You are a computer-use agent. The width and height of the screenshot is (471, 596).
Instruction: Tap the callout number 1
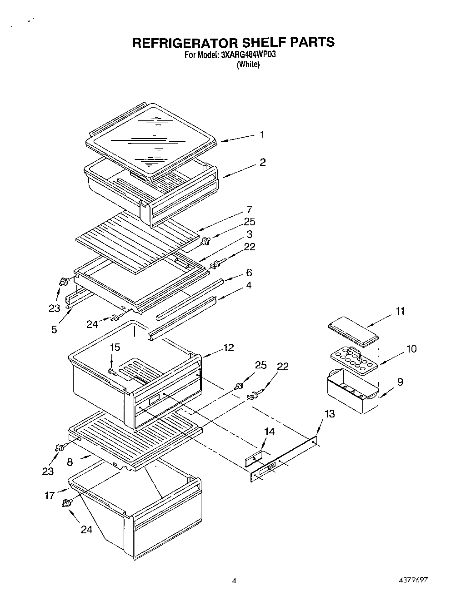click(262, 134)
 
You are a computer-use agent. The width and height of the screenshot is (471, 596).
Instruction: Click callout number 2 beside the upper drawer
click(263, 162)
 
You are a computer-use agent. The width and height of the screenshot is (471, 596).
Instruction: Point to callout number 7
click(249, 209)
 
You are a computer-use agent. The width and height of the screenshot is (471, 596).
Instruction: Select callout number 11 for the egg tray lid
click(400, 311)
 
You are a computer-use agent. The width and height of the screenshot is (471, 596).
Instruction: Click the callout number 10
click(411, 349)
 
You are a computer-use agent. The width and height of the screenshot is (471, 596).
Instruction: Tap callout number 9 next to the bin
click(400, 382)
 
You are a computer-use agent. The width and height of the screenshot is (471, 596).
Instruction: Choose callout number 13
click(330, 414)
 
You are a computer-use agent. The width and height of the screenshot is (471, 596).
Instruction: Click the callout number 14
click(270, 432)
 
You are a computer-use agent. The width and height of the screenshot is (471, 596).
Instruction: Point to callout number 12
click(229, 348)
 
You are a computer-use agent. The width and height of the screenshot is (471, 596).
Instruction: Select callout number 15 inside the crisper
click(115, 347)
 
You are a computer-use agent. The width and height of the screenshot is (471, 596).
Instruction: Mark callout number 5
click(55, 330)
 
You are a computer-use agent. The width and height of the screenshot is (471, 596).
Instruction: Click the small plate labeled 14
click(254, 460)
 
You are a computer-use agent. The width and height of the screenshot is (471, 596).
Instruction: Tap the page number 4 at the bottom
click(234, 580)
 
